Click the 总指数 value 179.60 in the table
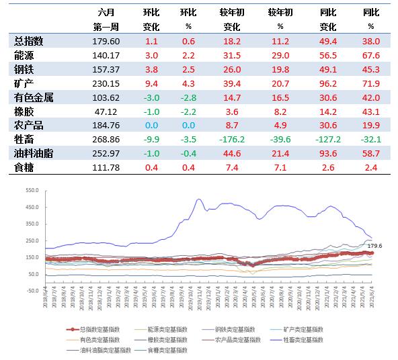point(106,40)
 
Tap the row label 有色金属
point(33,97)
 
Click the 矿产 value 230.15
point(106,83)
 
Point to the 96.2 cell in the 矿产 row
point(328,83)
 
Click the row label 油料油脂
point(33,154)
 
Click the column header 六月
point(106,13)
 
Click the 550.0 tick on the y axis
point(32,190)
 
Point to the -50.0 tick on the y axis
point(32,291)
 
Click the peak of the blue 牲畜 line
point(198,199)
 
